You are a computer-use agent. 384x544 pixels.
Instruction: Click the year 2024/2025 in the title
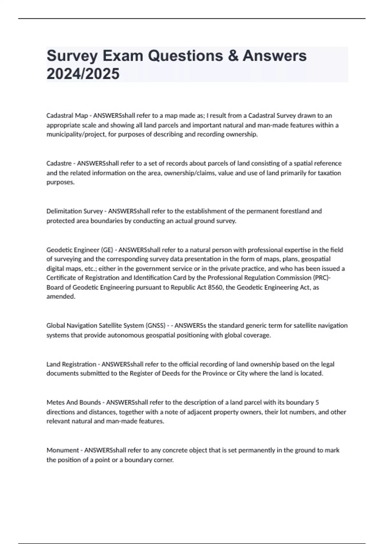[x=83, y=74]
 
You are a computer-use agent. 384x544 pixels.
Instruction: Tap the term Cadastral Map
[x=67, y=115]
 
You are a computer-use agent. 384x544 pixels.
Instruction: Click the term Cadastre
[x=59, y=163]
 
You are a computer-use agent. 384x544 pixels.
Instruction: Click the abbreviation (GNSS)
[x=155, y=325]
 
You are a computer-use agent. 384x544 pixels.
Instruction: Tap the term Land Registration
[x=71, y=364]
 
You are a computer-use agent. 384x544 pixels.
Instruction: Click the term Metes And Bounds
[x=74, y=402]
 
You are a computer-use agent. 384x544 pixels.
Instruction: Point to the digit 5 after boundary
[x=317, y=402]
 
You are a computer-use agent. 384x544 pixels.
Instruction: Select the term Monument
[x=63, y=450]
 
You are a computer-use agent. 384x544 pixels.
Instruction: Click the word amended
[x=61, y=296]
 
